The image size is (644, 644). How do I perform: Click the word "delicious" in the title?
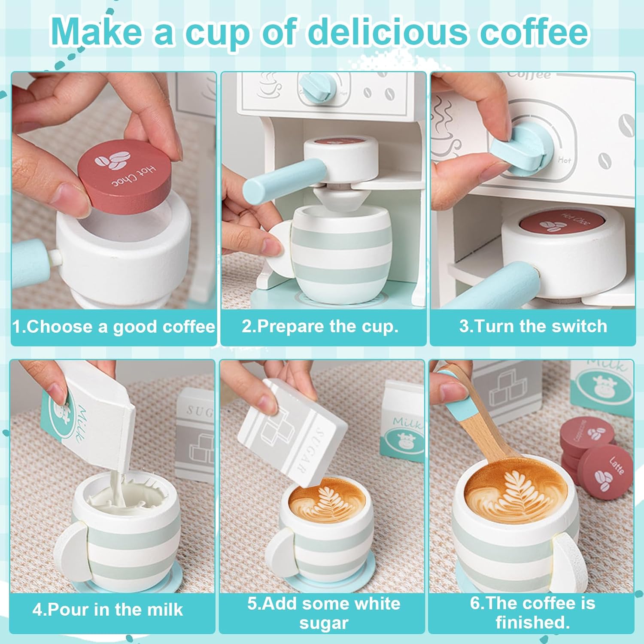click(x=386, y=32)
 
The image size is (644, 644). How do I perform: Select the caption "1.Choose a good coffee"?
click(x=114, y=327)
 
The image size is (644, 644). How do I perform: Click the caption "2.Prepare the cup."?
click(x=320, y=326)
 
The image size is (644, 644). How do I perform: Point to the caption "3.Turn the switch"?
click(x=533, y=326)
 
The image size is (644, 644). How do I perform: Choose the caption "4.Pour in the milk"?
click(x=108, y=610)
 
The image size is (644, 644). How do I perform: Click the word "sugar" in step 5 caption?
click(x=324, y=623)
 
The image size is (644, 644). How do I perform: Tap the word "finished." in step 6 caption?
click(x=533, y=622)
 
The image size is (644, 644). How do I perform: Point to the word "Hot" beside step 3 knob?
click(x=564, y=160)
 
